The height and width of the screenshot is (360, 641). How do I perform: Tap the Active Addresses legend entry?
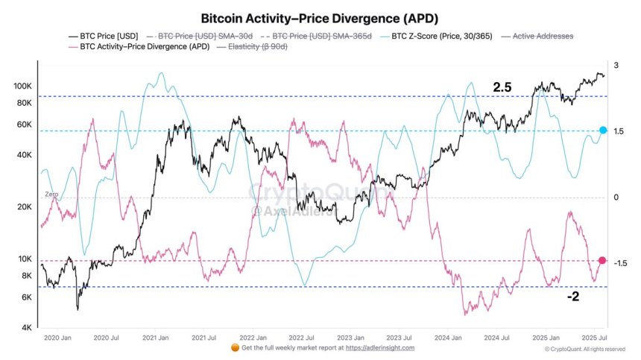click(x=534, y=35)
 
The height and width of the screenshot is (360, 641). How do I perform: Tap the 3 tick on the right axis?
click(x=616, y=66)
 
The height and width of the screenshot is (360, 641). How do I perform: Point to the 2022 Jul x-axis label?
click(x=301, y=338)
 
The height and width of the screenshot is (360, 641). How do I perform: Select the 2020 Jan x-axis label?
click(x=57, y=338)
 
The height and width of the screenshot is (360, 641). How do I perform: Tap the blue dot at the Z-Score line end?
click(x=603, y=130)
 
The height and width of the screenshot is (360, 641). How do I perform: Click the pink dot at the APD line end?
click(x=602, y=260)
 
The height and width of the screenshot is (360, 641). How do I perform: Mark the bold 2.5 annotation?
click(x=502, y=88)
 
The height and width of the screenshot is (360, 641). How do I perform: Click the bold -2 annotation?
click(x=572, y=296)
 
